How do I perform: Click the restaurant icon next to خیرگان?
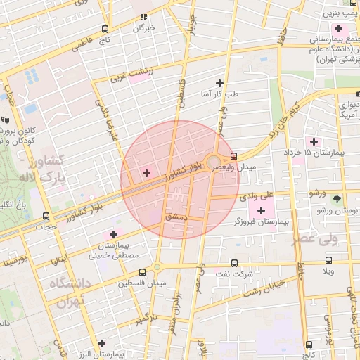point(144,17)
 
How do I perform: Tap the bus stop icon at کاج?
point(105,30)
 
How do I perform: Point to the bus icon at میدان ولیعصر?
point(233,156)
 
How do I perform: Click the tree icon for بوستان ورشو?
point(336,200)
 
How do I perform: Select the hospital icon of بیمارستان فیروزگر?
point(262,210)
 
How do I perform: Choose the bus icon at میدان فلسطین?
point(142,271)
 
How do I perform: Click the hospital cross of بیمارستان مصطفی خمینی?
point(112,233)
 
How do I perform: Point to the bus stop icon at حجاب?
point(46,217)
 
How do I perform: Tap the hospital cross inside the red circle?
point(146,173)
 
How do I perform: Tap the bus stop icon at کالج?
point(310,345)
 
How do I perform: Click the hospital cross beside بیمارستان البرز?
point(103,343)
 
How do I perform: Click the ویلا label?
point(329,271)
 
